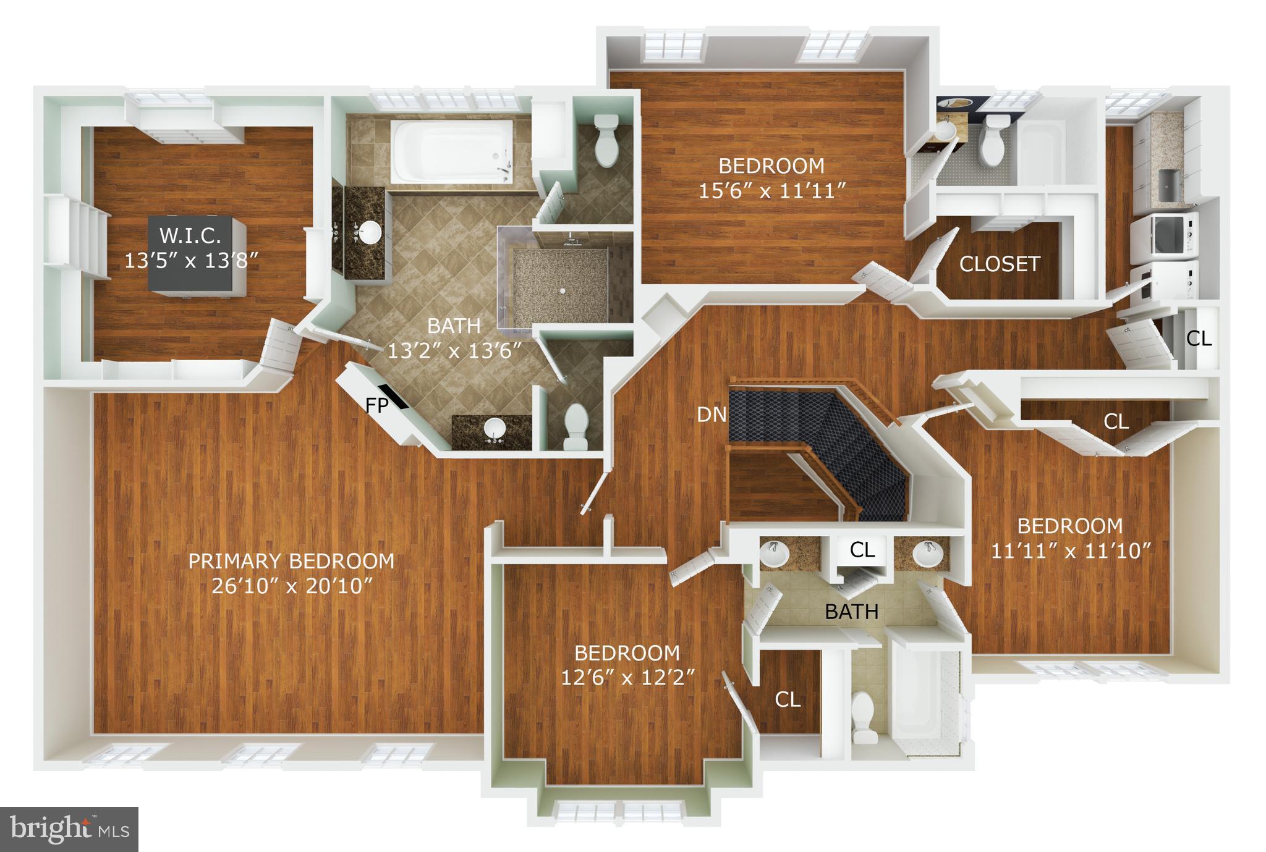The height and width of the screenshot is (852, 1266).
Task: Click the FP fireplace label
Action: (x=376, y=406)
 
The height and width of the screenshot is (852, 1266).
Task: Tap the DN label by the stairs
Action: (x=712, y=415)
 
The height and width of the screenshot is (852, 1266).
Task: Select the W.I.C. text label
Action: (x=190, y=235)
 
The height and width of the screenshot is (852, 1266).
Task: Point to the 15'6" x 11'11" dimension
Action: (x=771, y=191)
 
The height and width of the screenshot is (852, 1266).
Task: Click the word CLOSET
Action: (x=1000, y=264)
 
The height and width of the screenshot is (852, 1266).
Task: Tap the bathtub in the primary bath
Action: (x=451, y=151)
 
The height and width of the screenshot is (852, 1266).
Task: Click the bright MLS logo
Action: (x=69, y=829)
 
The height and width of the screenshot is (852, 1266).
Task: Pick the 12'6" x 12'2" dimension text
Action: (x=627, y=678)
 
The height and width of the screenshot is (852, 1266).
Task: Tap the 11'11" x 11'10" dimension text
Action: (x=1070, y=550)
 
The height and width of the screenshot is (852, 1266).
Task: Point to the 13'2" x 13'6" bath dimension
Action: (x=454, y=350)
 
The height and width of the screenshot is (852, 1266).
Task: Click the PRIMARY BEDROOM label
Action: (x=291, y=560)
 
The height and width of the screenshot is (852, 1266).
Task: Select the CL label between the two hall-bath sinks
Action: (x=862, y=549)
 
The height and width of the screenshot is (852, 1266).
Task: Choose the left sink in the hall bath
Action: (x=773, y=554)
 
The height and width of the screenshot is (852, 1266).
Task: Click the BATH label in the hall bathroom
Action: (x=852, y=611)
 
